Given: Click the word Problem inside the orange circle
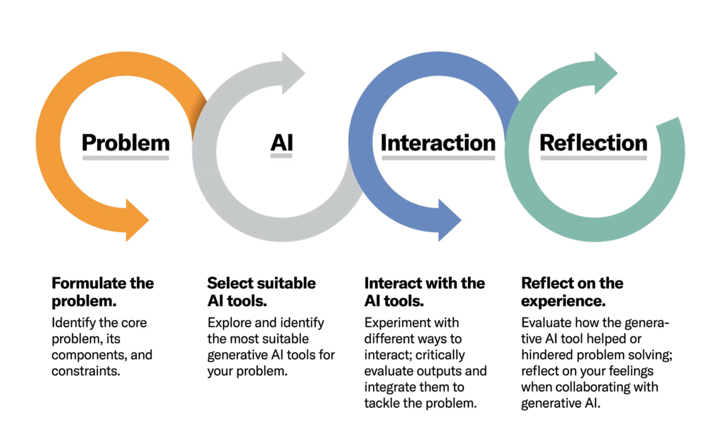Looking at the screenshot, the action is point(126,143).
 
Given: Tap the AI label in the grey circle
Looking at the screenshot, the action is point(282,143).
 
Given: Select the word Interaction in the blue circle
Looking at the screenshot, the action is point(438,143).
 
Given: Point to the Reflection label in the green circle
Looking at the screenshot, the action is point(593,143).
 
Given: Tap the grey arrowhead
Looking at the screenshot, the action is point(293,73).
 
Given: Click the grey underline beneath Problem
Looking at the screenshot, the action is point(126,158).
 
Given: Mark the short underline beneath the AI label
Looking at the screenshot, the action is point(281,156).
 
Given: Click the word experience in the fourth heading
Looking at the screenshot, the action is point(563,301).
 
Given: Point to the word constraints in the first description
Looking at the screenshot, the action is point(86,371).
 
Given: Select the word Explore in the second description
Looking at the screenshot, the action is point(229,323).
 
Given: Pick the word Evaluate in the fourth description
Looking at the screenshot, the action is point(546,323).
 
